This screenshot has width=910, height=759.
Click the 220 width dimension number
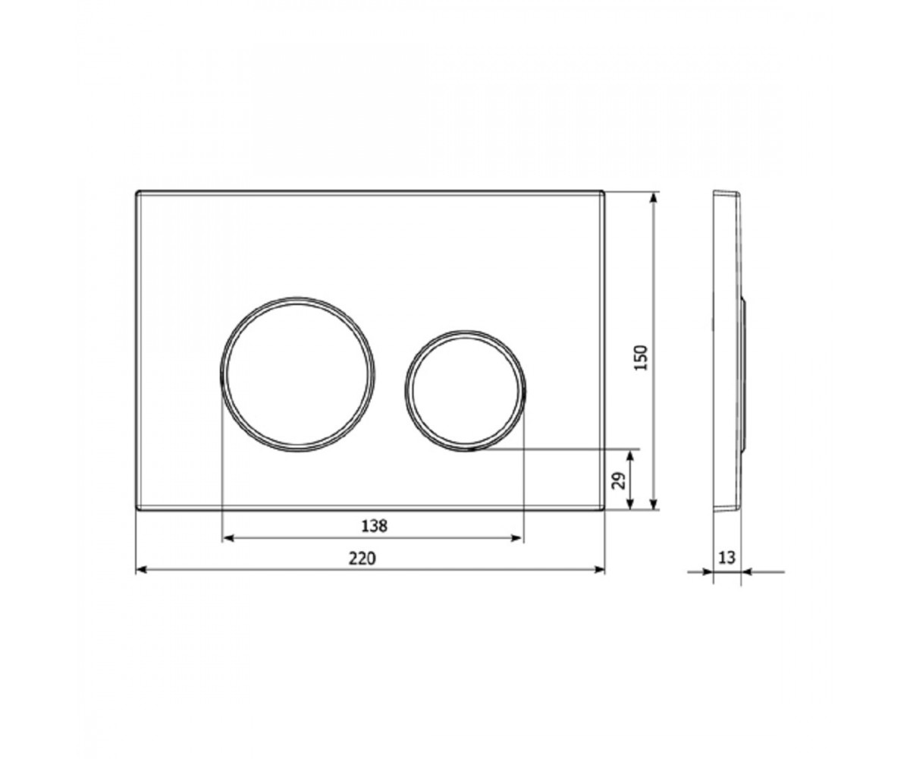pos(362,559)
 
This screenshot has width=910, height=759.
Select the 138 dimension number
pos(375,527)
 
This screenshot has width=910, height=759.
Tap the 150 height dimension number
pos(641,357)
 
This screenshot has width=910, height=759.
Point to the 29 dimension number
pos(619,480)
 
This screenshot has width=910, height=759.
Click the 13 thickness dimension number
pos(726,557)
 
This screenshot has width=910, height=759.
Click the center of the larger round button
pos(298,375)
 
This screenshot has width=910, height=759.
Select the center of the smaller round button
pos(465,391)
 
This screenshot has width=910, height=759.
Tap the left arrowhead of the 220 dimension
pos(141,569)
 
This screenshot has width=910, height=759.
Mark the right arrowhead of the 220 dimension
pos(600,569)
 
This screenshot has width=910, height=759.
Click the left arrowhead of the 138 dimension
pos(228,538)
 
